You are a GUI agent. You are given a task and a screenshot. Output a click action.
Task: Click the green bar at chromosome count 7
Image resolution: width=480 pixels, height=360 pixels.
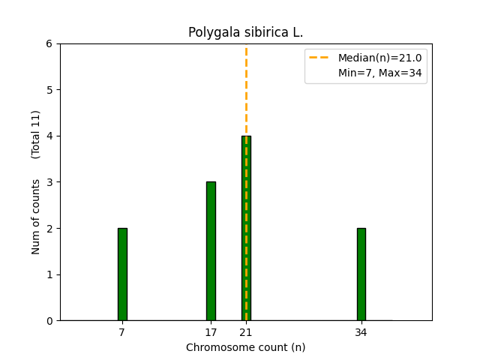[x=122, y=274]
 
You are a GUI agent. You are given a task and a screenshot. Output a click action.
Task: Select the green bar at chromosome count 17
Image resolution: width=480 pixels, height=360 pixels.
[x=211, y=251]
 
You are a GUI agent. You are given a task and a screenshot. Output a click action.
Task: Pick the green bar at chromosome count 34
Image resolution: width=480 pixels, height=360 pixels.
[x=361, y=274]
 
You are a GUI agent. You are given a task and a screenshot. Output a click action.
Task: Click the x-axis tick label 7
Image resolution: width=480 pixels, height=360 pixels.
[x=122, y=332]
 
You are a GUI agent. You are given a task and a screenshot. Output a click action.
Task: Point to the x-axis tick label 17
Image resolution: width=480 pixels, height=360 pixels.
[x=211, y=332]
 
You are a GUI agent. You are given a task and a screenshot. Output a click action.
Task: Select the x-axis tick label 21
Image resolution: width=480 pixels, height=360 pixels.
[x=246, y=332]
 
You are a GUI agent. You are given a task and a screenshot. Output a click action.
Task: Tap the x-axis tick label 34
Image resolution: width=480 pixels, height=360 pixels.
[x=361, y=332]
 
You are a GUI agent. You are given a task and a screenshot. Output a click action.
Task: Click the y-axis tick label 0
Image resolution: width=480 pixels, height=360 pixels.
[x=49, y=321]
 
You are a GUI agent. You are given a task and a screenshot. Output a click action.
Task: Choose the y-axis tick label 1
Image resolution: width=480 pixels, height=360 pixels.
[x=49, y=274]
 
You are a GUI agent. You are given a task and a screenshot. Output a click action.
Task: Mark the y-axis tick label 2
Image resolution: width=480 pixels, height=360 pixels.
[x=49, y=228]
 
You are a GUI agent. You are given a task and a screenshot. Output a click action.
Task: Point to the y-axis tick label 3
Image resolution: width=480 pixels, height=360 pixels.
[x=49, y=182]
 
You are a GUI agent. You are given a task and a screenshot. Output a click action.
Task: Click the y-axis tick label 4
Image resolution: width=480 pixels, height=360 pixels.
[x=49, y=136]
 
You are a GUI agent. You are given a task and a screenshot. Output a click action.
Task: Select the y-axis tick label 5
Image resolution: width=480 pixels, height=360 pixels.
[x=49, y=90]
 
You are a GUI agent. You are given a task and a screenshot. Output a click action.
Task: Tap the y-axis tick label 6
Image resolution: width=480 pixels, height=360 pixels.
[x=49, y=43]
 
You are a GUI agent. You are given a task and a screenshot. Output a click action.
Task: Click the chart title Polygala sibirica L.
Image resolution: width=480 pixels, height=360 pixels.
[x=246, y=33]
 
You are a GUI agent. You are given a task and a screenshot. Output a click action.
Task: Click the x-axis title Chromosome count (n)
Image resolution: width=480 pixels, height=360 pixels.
[x=246, y=347]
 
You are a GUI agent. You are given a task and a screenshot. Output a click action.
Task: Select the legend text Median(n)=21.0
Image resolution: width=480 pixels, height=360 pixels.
[x=379, y=58]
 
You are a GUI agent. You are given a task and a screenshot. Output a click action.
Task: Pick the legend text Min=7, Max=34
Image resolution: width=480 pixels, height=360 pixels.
[x=379, y=73]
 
